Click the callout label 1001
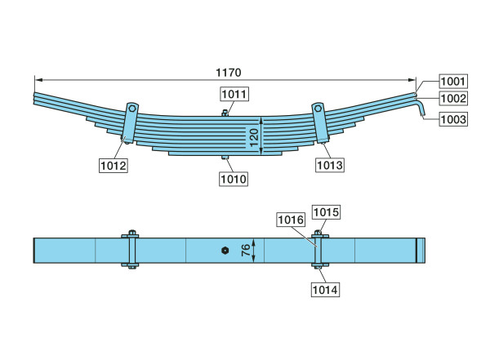tap(453, 82)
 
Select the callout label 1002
tap(453, 99)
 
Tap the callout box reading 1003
tap(453, 119)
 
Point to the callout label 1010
tap(234, 179)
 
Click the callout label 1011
tap(234, 94)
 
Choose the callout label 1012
tap(114, 166)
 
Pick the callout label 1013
tap(330, 165)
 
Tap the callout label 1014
tap(325, 290)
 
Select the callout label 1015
tap(326, 212)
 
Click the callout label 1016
tap(291, 220)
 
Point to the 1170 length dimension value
tap(229, 73)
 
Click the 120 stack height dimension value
tap(254, 137)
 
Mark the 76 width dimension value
tap(246, 250)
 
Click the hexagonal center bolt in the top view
tap(225, 251)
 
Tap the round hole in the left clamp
tap(132, 109)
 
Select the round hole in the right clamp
tap(318, 109)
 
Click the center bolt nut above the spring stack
tap(225, 113)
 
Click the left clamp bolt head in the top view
tap(132, 233)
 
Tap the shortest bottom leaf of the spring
tap(225, 153)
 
